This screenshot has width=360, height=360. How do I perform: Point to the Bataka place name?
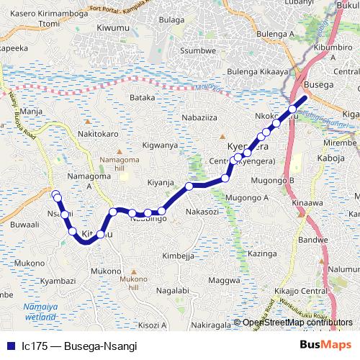point(142,96)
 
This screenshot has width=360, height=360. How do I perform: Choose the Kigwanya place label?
point(160,145)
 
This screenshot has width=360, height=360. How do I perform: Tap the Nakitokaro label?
point(97,133)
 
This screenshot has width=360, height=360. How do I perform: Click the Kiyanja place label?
point(161,183)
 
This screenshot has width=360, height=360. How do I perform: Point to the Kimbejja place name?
point(178,256)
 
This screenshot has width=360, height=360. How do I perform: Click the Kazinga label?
point(261,254)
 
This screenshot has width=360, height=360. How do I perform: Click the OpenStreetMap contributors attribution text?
point(297,323)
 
